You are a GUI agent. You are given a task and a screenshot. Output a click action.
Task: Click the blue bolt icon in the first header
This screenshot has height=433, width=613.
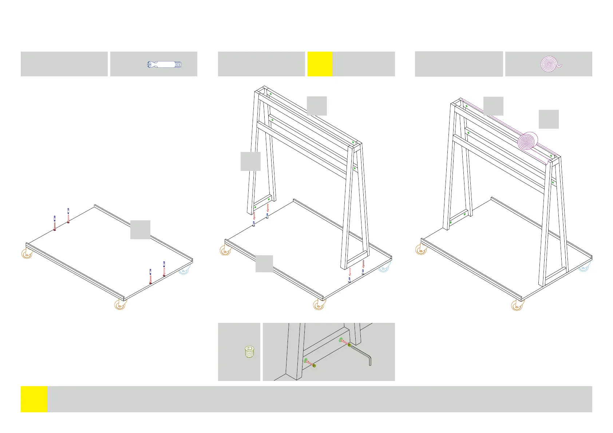click(164, 65)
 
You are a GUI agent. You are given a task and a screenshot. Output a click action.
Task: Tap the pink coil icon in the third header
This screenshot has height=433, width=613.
click(550, 64)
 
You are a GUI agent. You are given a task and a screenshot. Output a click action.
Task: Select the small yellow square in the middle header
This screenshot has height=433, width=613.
click(320, 64)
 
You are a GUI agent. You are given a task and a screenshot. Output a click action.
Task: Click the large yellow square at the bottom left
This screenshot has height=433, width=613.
click(34, 399)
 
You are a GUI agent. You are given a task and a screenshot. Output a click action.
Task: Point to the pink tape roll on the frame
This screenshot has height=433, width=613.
click(527, 141)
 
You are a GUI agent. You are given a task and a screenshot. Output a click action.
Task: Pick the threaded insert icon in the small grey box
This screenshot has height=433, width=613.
click(249, 352)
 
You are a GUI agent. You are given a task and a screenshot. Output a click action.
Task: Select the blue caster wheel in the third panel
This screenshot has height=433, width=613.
click(583, 268)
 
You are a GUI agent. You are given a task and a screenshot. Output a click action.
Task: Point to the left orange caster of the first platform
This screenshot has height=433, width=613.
click(27, 254)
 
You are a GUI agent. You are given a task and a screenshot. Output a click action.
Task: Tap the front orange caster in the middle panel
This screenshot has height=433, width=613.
click(319, 305)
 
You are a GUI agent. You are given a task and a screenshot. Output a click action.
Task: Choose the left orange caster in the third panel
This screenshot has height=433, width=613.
click(421, 249)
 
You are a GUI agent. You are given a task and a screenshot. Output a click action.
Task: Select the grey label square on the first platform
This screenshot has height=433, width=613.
click(140, 229)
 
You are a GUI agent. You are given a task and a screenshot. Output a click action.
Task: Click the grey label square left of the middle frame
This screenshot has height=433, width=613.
click(250, 161)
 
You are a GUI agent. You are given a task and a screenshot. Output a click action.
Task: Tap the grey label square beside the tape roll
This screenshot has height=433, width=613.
click(548, 119)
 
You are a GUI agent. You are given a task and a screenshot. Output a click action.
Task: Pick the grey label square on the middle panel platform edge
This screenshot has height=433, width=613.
click(264, 264)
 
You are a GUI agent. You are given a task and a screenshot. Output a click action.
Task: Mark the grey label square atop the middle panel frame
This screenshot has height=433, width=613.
click(317, 106)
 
